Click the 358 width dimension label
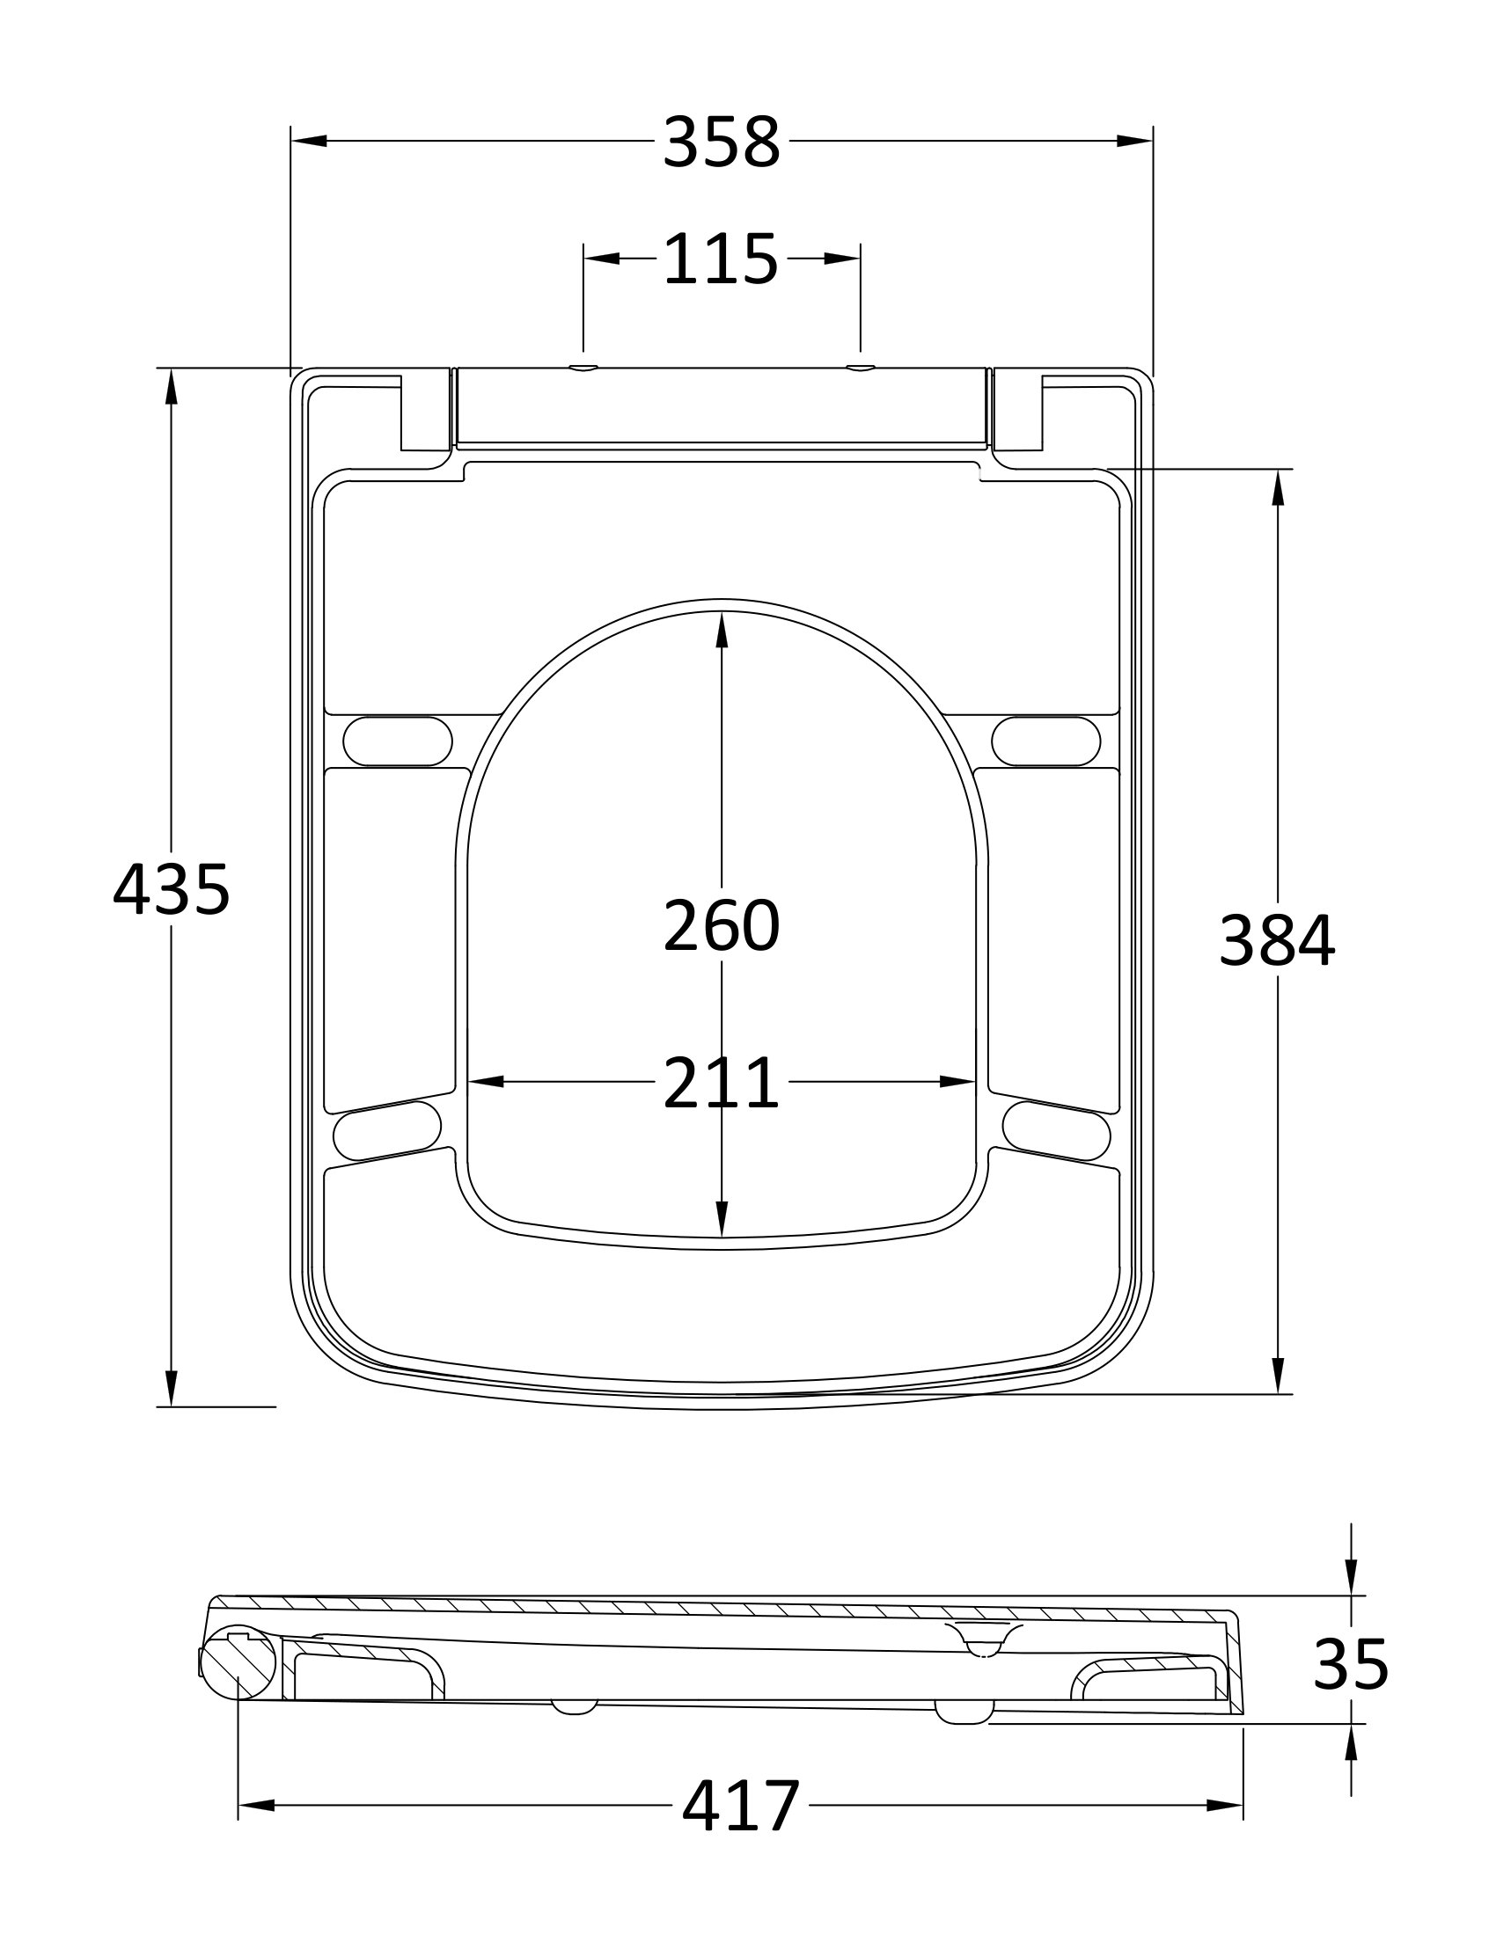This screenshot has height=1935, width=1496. (722, 142)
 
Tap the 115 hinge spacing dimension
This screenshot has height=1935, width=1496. (721, 259)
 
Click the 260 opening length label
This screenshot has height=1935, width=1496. (722, 925)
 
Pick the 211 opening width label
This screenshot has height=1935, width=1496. (722, 1083)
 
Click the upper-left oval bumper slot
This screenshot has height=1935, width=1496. (397, 741)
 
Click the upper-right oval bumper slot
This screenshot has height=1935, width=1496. (1045, 741)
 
